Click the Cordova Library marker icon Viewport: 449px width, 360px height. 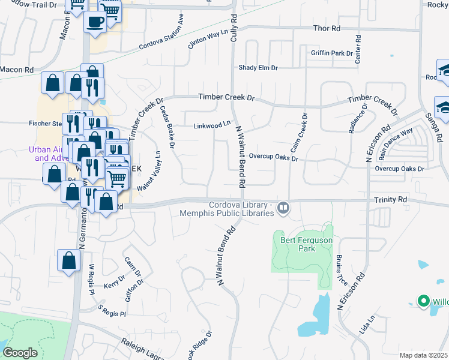(x=283, y=209)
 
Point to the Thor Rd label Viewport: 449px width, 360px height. (x=327, y=28)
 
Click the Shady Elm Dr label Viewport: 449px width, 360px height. (x=258, y=68)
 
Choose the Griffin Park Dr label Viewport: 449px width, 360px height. (x=331, y=53)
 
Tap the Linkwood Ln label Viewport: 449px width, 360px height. (x=212, y=125)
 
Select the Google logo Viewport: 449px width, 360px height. (x=20, y=353)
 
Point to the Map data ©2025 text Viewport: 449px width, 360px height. (x=423, y=355)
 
